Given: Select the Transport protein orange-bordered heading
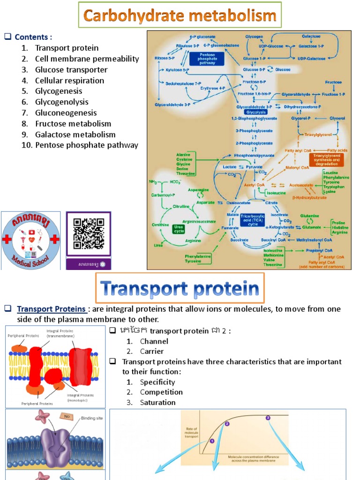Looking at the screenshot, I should tap(180, 289).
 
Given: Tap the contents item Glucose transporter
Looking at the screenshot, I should tap(71, 70).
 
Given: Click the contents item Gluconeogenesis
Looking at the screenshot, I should tap(66, 113).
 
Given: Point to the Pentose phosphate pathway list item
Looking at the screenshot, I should tap(86, 145).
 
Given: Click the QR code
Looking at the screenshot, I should tap(89, 233).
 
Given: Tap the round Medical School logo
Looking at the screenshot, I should tap(31, 240).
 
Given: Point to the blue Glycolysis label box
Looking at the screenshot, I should tap(255, 112).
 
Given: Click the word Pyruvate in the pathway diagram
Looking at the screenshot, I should tap(255, 166).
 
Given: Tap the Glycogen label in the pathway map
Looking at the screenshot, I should tap(255, 36).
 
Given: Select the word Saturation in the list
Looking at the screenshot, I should tap(157, 403).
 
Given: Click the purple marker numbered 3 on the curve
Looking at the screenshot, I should tap(268, 417).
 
